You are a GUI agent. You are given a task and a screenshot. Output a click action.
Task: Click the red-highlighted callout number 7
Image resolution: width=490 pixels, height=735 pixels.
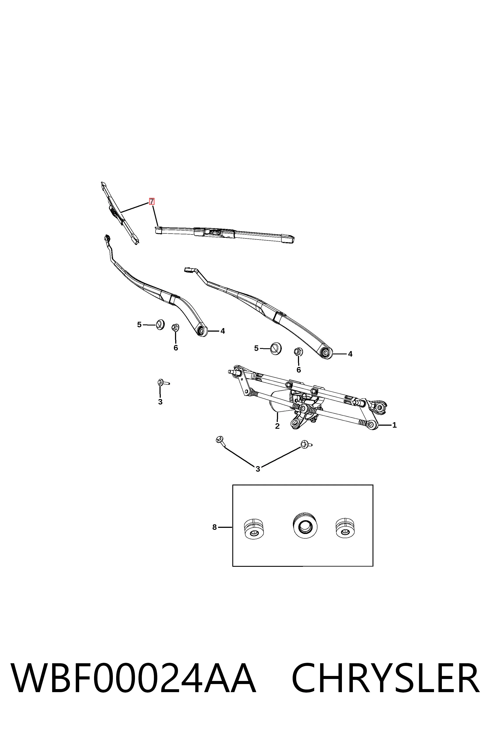point(152,201)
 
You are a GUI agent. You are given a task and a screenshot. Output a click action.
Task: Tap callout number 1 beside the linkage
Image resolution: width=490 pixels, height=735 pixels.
point(394,425)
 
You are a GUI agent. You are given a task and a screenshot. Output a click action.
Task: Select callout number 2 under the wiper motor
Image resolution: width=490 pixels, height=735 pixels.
point(277,426)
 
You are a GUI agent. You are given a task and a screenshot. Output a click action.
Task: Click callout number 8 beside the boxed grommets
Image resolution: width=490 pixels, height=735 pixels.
point(214,527)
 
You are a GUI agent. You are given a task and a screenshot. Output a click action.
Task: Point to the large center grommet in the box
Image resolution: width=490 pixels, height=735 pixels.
point(305,525)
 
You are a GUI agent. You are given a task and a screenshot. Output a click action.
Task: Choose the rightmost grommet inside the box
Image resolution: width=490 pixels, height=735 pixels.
point(345,528)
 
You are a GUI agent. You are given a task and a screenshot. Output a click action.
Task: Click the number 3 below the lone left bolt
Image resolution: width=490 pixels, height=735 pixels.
point(160,402)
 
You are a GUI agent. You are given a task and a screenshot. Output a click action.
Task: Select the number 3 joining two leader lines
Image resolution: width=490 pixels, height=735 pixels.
point(258,469)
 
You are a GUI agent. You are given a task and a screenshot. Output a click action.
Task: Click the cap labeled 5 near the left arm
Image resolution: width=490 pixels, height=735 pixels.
point(160,325)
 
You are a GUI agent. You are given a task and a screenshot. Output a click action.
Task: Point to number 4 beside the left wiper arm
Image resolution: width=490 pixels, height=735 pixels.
point(222,331)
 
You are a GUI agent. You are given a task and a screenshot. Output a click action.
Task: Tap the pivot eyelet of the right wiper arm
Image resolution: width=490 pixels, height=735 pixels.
point(326,353)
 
